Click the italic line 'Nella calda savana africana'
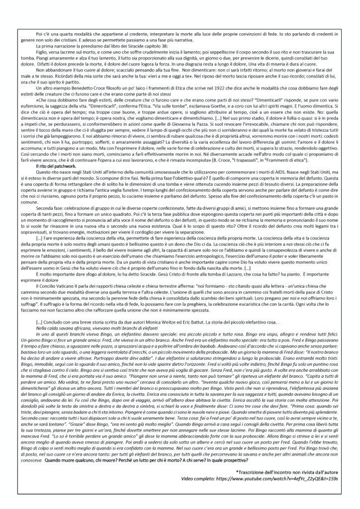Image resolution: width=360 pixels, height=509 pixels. coord(64,356)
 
